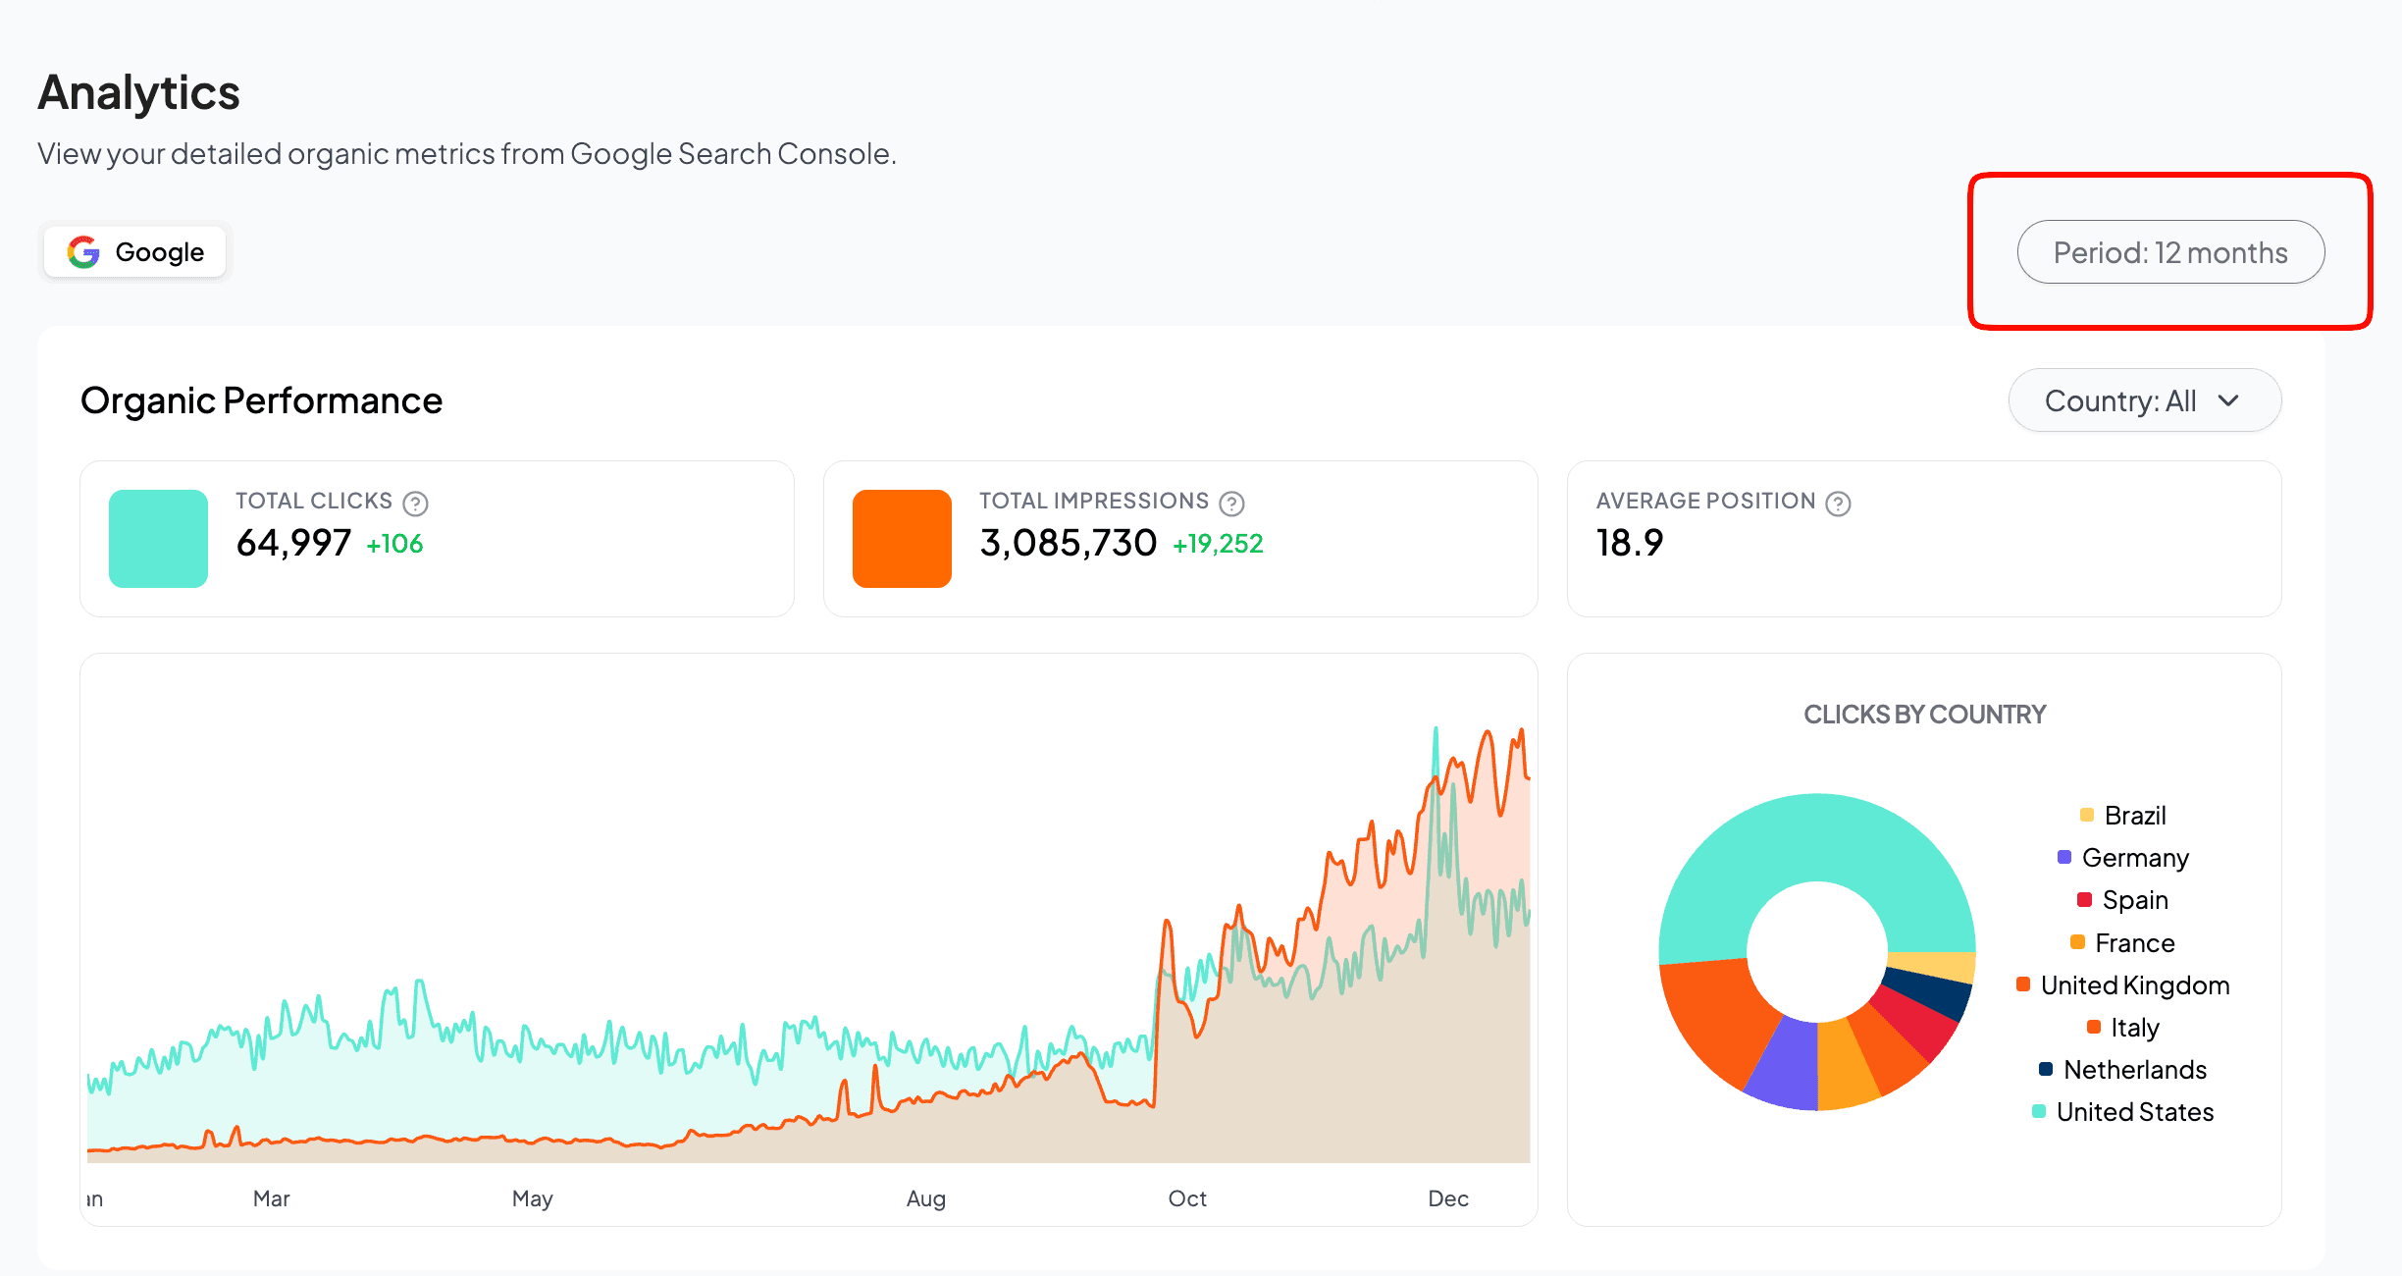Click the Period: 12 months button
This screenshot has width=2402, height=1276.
pyautogui.click(x=2169, y=252)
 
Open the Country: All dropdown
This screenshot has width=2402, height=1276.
pyautogui.click(x=2144, y=400)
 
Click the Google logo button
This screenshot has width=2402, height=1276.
pyautogui.click(x=135, y=252)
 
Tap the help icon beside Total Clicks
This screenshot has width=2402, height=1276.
pyautogui.click(x=416, y=504)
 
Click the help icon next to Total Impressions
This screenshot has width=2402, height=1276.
pyautogui.click(x=1231, y=504)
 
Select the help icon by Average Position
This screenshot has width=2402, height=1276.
pyautogui.click(x=1838, y=504)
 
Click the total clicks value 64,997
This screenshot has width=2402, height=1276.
pyautogui.click(x=293, y=543)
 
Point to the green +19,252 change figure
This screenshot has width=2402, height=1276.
pyautogui.click(x=1218, y=544)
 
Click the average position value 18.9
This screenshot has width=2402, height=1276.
pyautogui.click(x=1630, y=543)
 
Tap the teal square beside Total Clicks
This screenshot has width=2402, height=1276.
pyautogui.click(x=158, y=539)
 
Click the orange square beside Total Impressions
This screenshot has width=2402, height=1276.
pyautogui.click(x=902, y=539)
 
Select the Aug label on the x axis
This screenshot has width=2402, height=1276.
pyautogui.click(x=925, y=1198)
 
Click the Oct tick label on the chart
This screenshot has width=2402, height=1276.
pyautogui.click(x=1187, y=1198)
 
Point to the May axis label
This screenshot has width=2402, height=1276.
pyautogui.click(x=533, y=1198)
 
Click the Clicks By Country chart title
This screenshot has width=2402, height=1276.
pyautogui.click(x=1924, y=715)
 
